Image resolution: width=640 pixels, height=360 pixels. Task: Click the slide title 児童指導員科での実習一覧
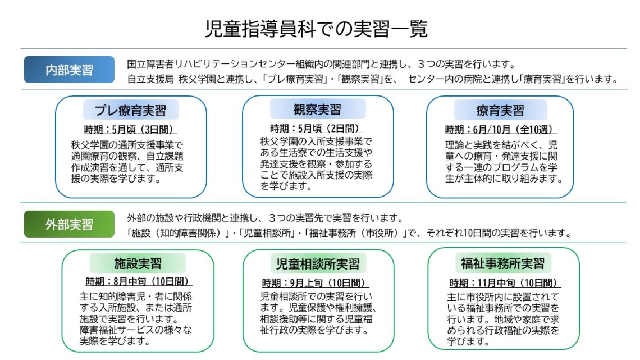click(317, 29)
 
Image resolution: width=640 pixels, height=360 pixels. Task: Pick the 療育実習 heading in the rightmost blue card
click(500, 110)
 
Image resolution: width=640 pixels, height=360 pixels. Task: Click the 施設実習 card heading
click(138, 263)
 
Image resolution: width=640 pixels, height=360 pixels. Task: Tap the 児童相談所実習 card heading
click(318, 263)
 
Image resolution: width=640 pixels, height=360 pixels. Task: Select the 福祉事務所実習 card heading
click(503, 263)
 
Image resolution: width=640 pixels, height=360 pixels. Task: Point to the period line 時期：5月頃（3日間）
click(131, 129)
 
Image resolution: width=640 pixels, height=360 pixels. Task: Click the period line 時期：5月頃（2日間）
click(317, 127)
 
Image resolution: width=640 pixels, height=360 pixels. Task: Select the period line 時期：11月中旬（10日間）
click(503, 282)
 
